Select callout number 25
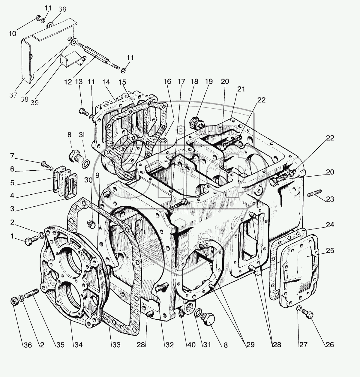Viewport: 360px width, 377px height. [330, 250]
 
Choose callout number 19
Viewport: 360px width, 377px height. [209, 81]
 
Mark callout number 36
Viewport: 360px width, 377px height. [28, 345]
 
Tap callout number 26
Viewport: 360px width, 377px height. [330, 345]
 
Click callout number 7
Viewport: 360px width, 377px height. [12, 156]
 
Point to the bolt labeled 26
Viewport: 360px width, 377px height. [309, 314]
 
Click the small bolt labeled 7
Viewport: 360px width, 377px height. [45, 164]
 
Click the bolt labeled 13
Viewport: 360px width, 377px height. [82, 112]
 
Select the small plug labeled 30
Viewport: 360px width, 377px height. [91, 224]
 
